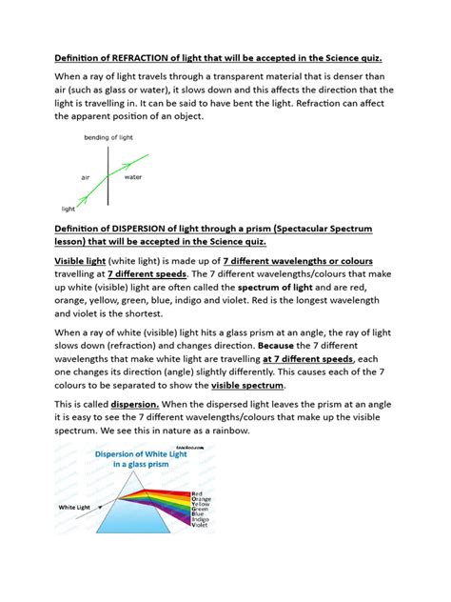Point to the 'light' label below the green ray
pyautogui.click(x=68, y=208)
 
